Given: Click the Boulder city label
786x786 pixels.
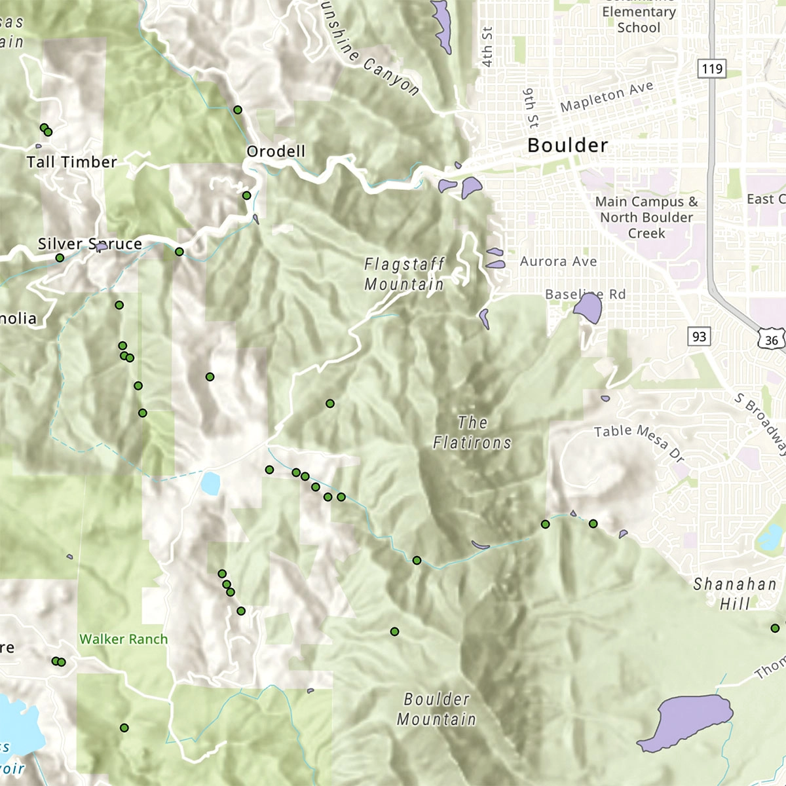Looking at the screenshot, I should (x=567, y=145).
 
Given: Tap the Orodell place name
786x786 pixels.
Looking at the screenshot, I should (x=276, y=151).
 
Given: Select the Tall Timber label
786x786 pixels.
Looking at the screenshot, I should (x=71, y=162).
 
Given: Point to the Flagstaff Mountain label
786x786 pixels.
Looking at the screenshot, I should (x=404, y=274).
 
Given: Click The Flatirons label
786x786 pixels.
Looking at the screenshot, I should (x=472, y=433).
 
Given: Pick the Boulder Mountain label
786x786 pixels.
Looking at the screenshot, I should (x=436, y=709).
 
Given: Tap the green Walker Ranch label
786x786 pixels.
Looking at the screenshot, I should (x=123, y=639).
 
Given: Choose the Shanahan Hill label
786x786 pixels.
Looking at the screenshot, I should (x=735, y=593).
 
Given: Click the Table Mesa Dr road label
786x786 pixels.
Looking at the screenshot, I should (x=639, y=442).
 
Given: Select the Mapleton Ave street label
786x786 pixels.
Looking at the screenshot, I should (x=607, y=96).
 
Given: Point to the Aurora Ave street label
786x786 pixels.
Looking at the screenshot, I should (x=558, y=261).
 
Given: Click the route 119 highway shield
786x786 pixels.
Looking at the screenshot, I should (x=711, y=69).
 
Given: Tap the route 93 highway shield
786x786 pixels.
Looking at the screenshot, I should (x=699, y=337).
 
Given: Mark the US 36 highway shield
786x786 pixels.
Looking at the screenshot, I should (x=771, y=339).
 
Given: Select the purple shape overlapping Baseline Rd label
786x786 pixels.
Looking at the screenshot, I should (x=588, y=308).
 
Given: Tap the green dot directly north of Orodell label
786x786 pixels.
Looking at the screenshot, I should (x=238, y=110).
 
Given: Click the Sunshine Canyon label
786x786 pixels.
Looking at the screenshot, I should (x=370, y=56).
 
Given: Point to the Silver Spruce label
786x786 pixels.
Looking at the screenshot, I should (x=90, y=244).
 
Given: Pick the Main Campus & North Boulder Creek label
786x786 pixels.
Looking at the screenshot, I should (x=646, y=217).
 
